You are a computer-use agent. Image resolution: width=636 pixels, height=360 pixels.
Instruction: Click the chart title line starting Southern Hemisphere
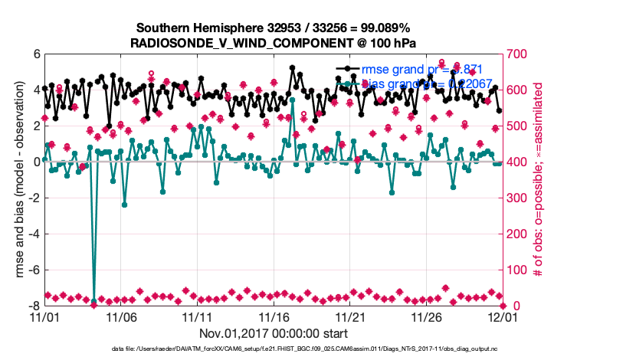tap(273, 28)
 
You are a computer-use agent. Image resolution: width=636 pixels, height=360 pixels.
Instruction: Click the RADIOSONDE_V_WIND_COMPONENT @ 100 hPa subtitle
tap(273, 42)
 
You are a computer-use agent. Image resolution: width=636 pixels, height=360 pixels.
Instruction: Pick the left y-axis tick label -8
tap(34, 306)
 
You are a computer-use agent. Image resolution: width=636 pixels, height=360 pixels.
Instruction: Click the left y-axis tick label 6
tap(36, 54)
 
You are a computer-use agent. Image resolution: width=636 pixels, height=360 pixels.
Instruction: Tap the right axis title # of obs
tap(539, 180)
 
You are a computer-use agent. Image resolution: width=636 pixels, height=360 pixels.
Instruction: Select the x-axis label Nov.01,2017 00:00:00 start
tap(274, 333)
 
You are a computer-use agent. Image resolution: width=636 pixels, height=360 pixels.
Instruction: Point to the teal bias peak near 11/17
tap(293, 100)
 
